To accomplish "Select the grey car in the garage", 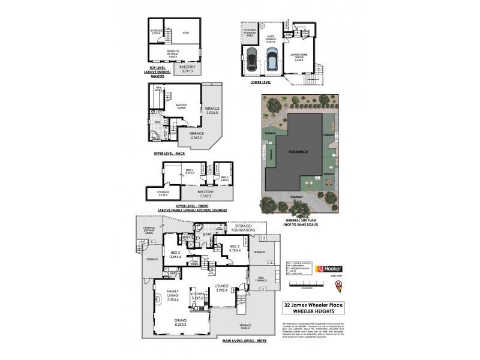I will coord(250,60).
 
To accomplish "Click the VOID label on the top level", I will coord(185,34).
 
